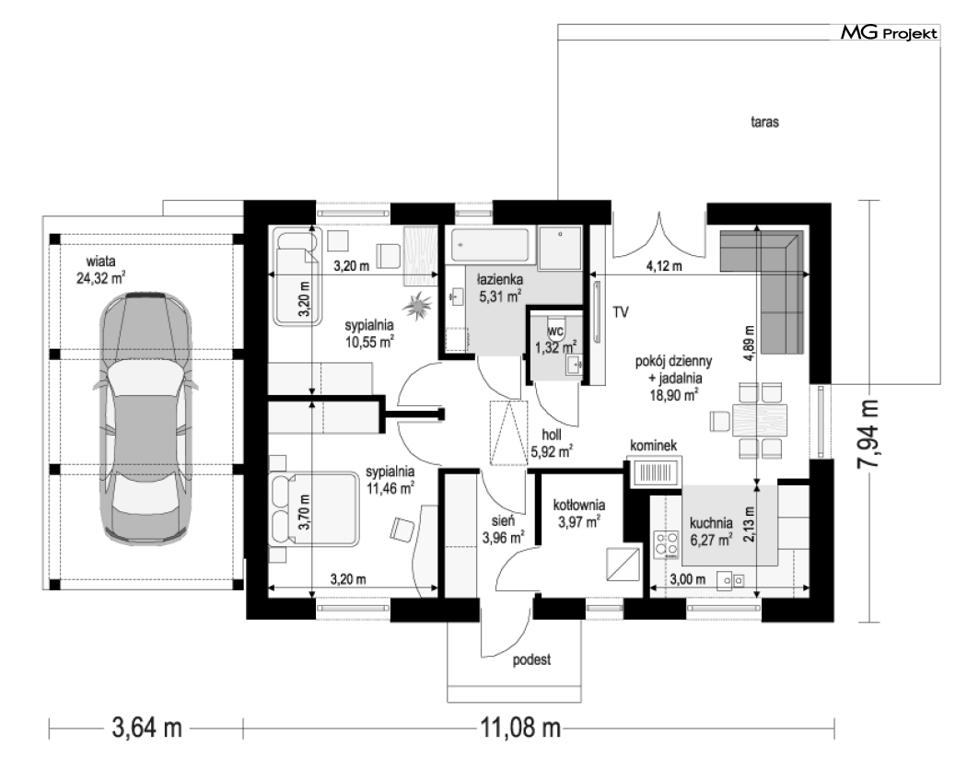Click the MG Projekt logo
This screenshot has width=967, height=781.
coord(889,33)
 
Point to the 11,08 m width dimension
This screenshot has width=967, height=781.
coord(520,729)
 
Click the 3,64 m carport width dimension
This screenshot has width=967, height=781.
coord(146,728)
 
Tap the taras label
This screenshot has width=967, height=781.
coord(764,122)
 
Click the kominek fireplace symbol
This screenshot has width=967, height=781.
coord(654,472)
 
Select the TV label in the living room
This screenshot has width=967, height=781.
coord(621,312)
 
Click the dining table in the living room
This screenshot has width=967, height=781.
coord(759,419)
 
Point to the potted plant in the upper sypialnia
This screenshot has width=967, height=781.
coord(419,305)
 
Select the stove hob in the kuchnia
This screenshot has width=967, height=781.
coord(666,544)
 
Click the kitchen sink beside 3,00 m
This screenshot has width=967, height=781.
coord(729,580)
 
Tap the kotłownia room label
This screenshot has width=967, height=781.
coord(578,506)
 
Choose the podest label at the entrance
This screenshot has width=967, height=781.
coord(531,660)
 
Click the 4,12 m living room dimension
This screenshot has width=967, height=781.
coord(664,266)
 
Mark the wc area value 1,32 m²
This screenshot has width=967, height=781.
coord(555,346)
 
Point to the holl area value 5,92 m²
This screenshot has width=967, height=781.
coord(552,451)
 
